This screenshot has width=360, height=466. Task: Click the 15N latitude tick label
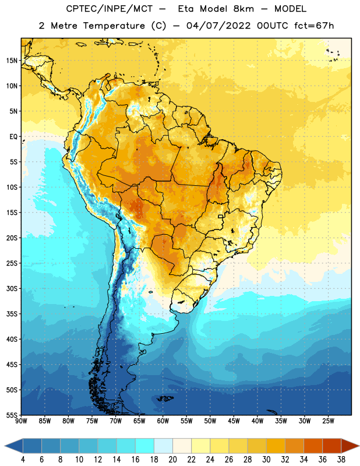pyautogui.click(x=12, y=61)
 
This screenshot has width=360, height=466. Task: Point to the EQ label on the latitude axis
pyautogui.click(x=13, y=137)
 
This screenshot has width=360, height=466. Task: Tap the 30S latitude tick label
pyautogui.click(x=12, y=288)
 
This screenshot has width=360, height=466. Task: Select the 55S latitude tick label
pyautogui.click(x=12, y=415)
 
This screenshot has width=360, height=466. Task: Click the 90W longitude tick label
pyautogui.click(x=21, y=421)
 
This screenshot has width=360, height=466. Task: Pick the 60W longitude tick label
pyautogui.click(x=163, y=421)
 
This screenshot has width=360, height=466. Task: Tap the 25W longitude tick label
pyautogui.click(x=328, y=421)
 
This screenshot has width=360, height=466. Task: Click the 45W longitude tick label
pyautogui.click(x=234, y=421)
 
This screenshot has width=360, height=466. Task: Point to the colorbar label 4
pyautogui.click(x=23, y=460)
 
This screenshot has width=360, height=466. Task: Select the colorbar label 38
pyautogui.click(x=341, y=460)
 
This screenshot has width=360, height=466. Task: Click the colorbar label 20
pyautogui.click(x=172, y=460)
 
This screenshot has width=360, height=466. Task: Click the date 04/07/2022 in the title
pyautogui.click(x=218, y=26)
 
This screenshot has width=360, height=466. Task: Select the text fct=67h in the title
pyautogui.click(x=314, y=26)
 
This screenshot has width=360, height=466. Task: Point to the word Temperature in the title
pyautogui.click(x=114, y=26)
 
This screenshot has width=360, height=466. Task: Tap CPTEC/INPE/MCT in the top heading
pyautogui.click(x=109, y=9)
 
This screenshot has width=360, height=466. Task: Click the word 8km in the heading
pyautogui.click(x=243, y=9)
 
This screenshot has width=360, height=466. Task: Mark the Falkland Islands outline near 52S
pyautogui.click(x=165, y=398)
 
